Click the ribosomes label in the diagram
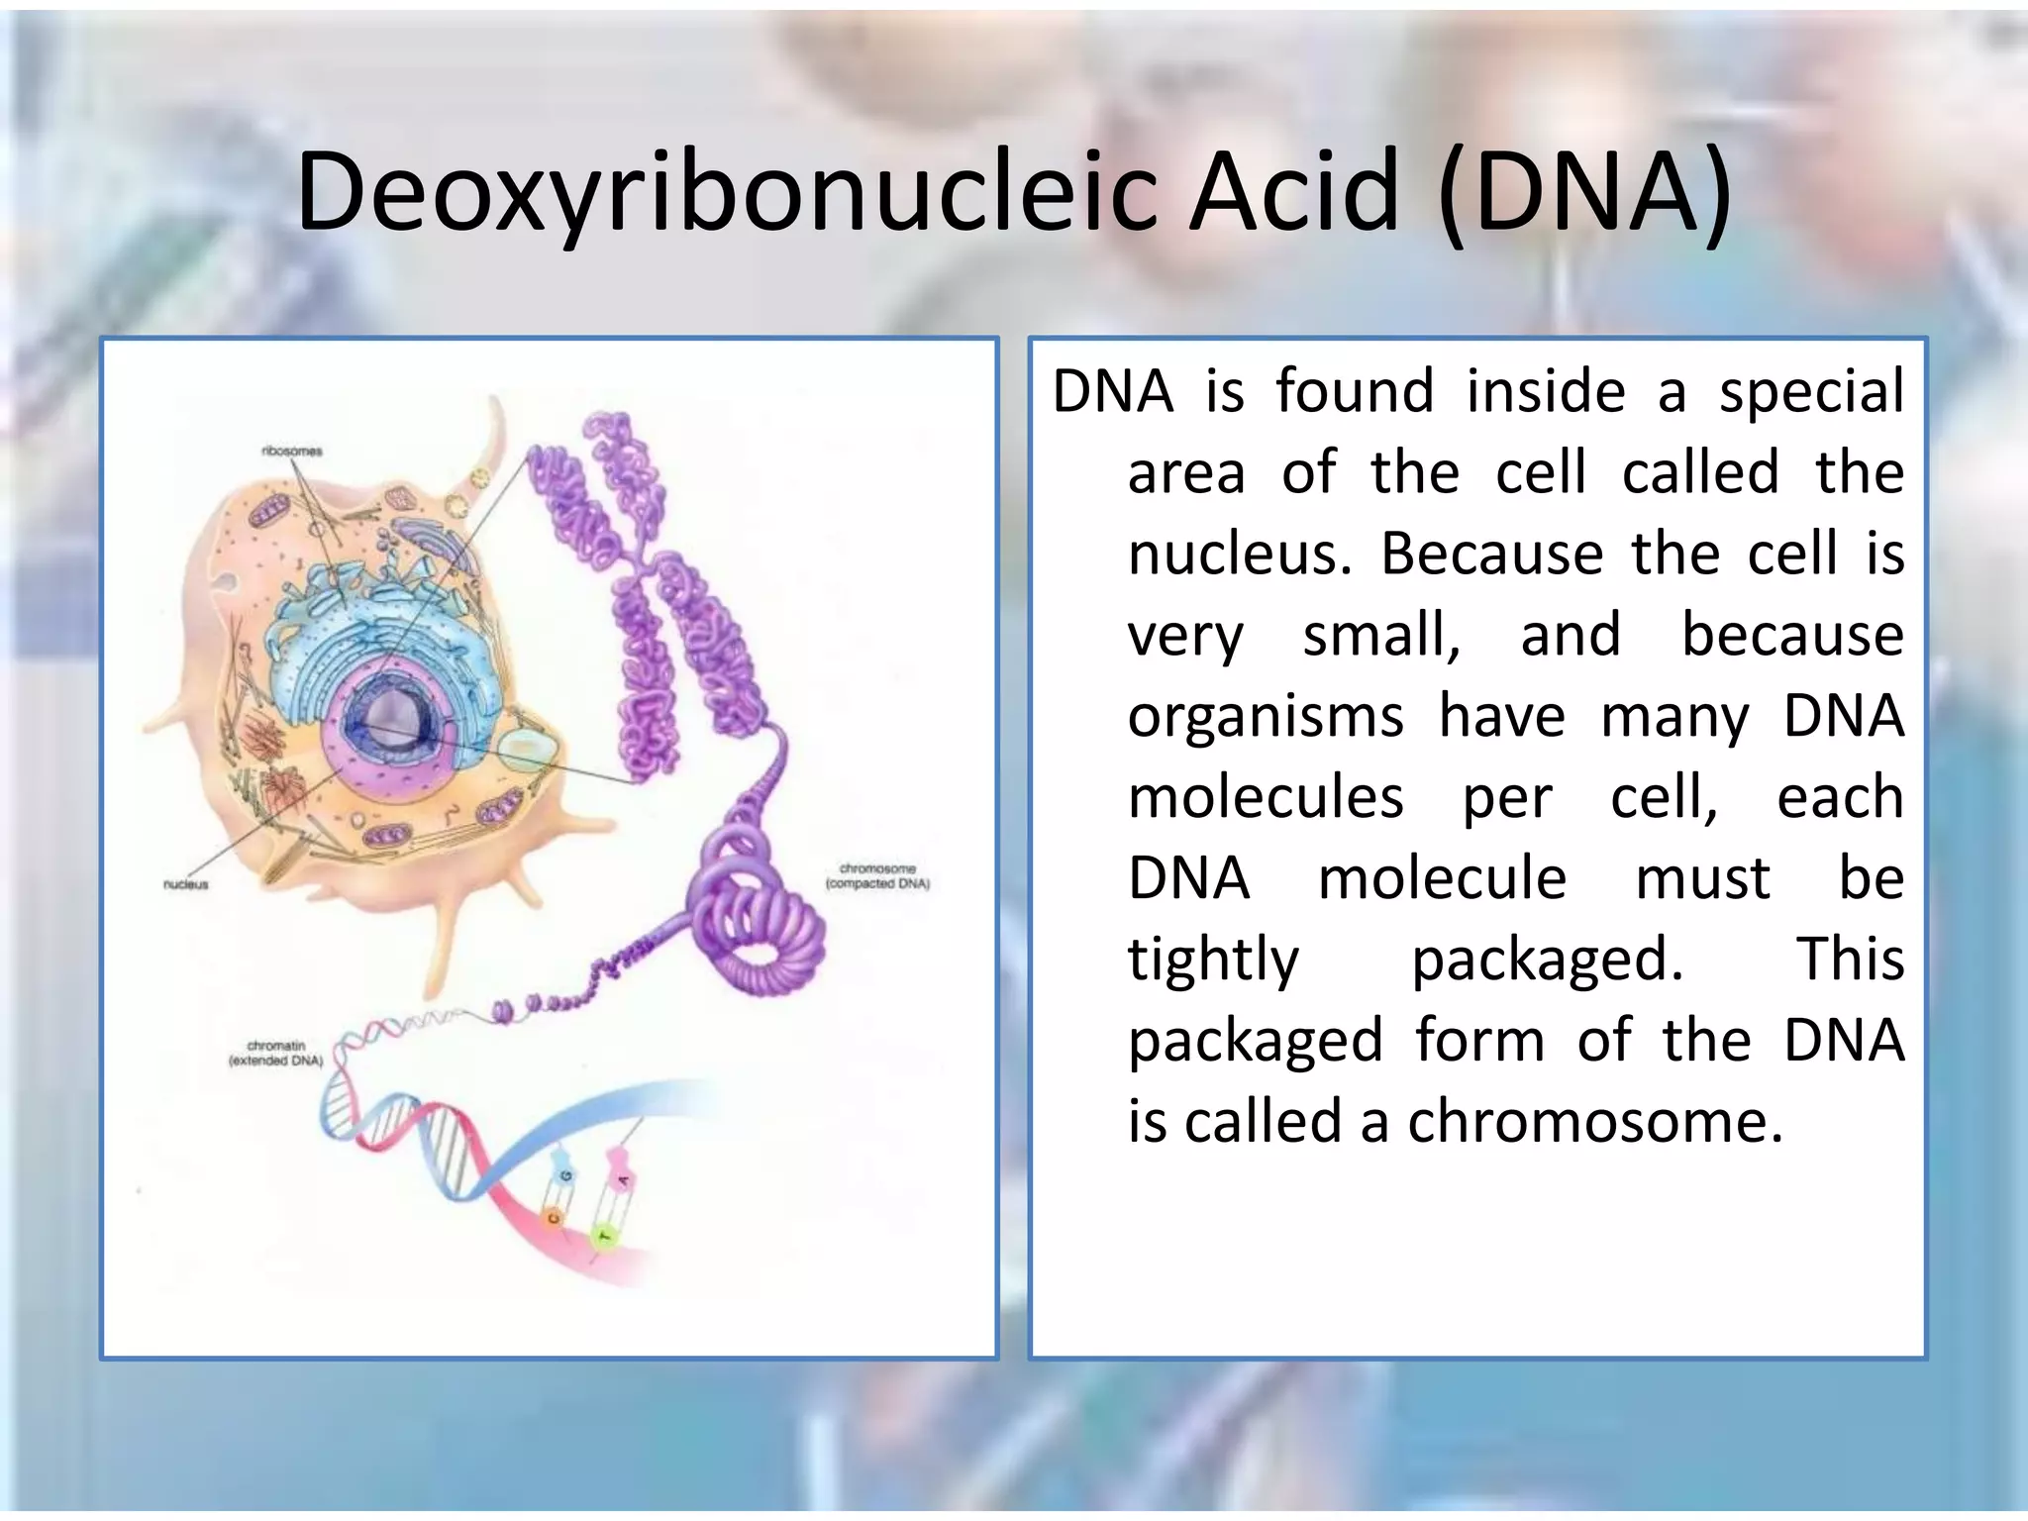(x=292, y=452)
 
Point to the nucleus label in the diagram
(x=186, y=884)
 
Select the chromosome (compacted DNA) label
(x=877, y=876)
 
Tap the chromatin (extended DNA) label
(x=276, y=1053)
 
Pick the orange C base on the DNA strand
(x=553, y=1216)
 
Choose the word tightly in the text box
(x=1213, y=960)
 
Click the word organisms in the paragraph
(x=1266, y=716)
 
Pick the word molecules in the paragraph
(x=1266, y=797)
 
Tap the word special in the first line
(x=1811, y=391)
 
